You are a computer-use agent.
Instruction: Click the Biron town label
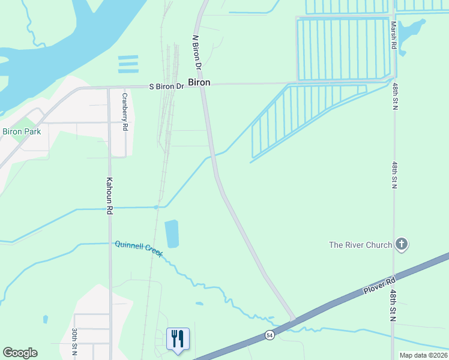[x=200, y=82]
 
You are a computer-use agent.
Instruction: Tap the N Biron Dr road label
[x=195, y=52]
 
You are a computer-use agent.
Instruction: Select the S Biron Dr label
[x=166, y=86]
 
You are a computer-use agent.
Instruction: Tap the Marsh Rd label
[x=394, y=36]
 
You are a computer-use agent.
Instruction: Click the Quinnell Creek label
[x=139, y=249]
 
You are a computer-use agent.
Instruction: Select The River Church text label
[x=360, y=245]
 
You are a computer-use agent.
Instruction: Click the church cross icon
[x=402, y=244]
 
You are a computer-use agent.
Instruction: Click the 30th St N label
[x=74, y=342]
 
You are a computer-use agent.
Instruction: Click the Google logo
[x=20, y=353]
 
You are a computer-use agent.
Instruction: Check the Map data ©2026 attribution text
[x=423, y=355]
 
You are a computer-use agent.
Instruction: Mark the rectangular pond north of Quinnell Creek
[x=172, y=234]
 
